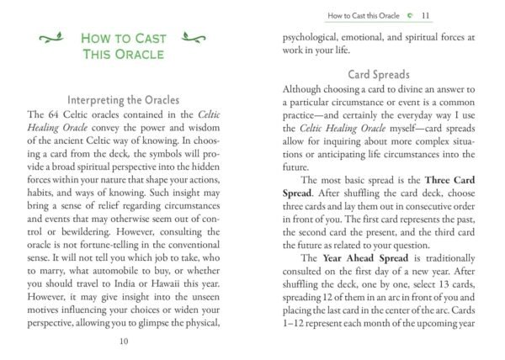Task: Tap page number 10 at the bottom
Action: coord(124,341)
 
